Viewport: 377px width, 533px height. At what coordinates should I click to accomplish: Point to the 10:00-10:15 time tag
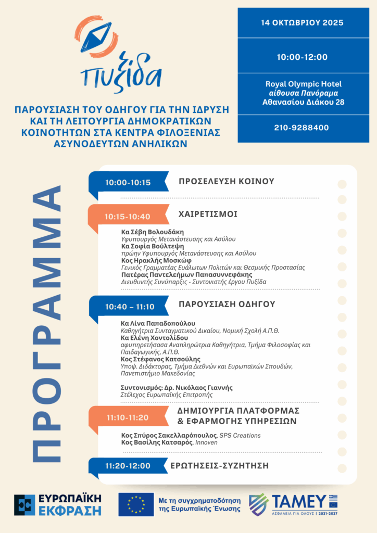[x=128, y=183]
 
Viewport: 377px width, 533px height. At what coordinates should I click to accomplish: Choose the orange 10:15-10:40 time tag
[x=127, y=217]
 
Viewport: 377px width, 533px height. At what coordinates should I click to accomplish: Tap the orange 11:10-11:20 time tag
[x=128, y=417]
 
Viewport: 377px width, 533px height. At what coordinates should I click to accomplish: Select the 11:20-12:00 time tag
[x=128, y=466]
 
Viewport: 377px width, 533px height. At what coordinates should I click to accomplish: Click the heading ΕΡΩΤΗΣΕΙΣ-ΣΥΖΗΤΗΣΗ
[x=219, y=466]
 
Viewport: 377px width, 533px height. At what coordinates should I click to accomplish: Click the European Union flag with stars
[x=136, y=504]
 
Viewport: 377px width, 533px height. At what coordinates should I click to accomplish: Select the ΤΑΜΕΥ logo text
[x=299, y=502]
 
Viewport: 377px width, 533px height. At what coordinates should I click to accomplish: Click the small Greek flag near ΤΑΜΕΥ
[x=333, y=498]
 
